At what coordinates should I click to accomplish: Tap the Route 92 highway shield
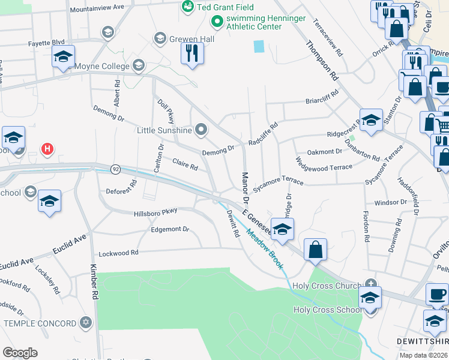click(115, 170)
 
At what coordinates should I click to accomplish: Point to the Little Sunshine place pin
click(201, 130)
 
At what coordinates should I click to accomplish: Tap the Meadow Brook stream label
click(264, 250)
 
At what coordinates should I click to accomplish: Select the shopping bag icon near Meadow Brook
click(315, 249)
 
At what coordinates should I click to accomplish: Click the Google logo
click(20, 353)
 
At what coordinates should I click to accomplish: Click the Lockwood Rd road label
click(118, 253)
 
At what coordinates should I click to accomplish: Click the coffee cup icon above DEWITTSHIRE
click(436, 294)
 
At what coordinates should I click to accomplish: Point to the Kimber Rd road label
click(94, 281)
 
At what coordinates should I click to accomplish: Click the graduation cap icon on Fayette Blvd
click(62, 58)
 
